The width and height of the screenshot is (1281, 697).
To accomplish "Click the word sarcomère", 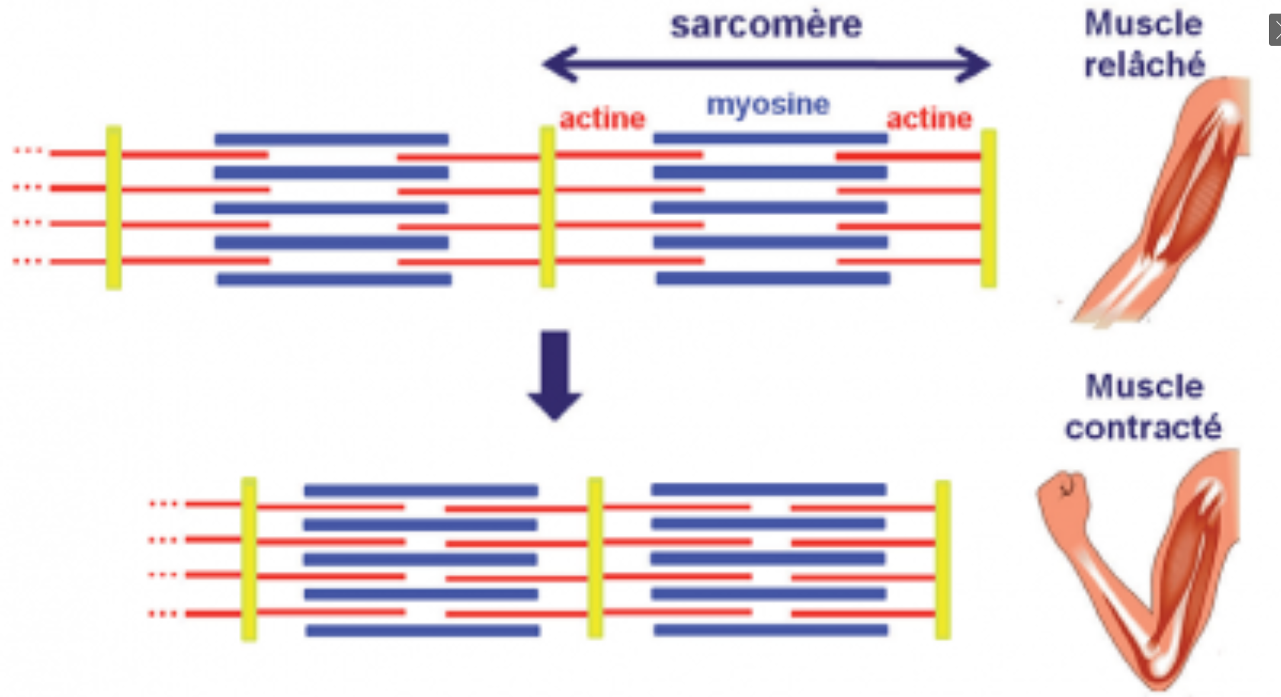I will click(766, 25).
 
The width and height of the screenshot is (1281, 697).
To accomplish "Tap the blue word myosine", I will click(768, 105).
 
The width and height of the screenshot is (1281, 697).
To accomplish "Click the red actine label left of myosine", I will click(602, 119).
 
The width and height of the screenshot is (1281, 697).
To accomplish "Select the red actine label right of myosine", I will click(929, 119).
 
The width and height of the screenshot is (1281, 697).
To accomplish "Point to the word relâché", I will click(1144, 65).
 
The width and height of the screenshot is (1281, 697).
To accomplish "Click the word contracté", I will click(1143, 427).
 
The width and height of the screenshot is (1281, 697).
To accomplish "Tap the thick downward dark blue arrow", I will click(555, 375).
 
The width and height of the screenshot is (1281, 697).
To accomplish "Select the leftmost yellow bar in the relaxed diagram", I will click(114, 207).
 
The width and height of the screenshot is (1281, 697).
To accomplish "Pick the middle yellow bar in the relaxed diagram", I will click(547, 207).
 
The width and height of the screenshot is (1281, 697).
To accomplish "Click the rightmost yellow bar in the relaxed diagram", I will click(988, 208).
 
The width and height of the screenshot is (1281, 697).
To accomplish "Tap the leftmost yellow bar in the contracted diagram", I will click(249, 559).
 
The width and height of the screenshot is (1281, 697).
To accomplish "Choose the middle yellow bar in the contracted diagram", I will click(595, 558).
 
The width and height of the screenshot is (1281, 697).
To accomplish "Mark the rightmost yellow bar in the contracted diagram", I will click(943, 560).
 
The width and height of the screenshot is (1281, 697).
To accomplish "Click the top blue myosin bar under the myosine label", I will click(770, 139).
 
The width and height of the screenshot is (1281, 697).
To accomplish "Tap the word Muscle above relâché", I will click(1144, 24).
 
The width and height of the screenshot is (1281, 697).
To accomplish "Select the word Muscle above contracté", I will click(1144, 387).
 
